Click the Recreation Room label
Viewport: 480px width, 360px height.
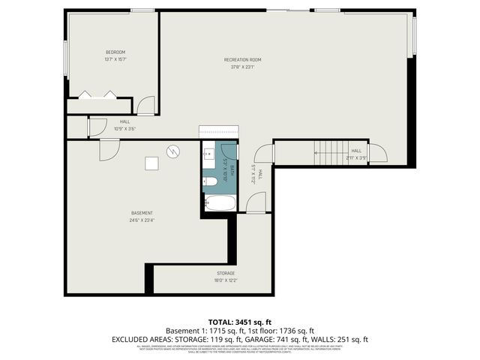click(242, 60)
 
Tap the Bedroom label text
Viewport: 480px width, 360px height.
click(115, 52)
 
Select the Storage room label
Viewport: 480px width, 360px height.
click(226, 273)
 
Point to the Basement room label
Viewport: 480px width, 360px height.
click(142, 213)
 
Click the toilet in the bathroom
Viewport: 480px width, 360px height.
click(211, 181)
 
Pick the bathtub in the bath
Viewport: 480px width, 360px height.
click(220, 203)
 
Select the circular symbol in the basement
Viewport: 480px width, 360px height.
click(173, 151)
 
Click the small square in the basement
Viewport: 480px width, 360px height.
click(151, 163)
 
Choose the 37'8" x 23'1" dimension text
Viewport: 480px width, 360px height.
click(242, 67)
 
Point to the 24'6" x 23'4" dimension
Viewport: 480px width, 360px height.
click(142, 220)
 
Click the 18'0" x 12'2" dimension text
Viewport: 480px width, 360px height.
click(226, 280)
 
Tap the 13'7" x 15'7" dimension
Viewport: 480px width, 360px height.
click(115, 59)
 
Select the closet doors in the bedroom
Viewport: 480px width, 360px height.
click(97, 94)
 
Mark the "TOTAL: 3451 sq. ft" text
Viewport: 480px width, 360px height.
click(239, 321)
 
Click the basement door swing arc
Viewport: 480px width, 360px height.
click(109, 148)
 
